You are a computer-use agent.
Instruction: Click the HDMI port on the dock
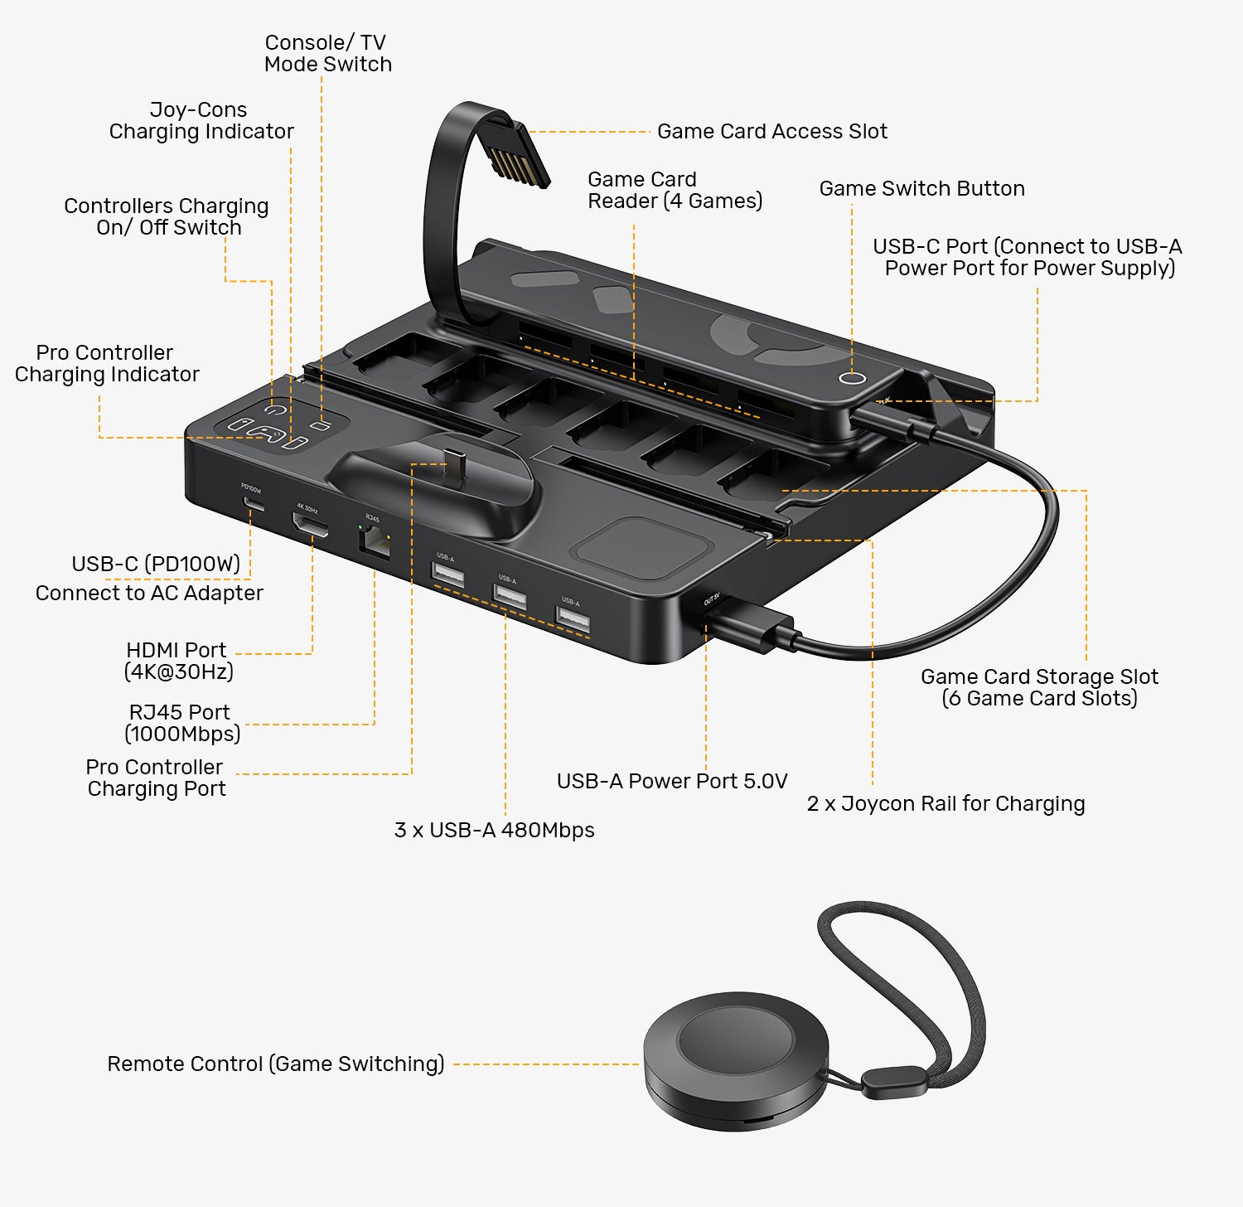coord(310,524)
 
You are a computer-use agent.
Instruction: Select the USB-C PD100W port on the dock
coord(254,503)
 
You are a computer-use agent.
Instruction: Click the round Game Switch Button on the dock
coord(852,377)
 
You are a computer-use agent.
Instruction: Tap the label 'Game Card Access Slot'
coord(771,131)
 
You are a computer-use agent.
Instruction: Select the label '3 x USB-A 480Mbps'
coord(494,830)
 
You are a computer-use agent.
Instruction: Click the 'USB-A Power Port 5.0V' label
coord(671,781)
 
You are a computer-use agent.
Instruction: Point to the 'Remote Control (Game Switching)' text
coord(276,1064)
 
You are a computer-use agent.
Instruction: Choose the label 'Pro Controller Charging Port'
coord(156,778)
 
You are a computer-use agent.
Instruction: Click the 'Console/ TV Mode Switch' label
coord(327,53)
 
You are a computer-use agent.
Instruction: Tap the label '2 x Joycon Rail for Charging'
coord(946,803)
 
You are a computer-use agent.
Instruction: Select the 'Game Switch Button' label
coord(921,188)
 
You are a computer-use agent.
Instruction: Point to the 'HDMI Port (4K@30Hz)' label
coord(178,661)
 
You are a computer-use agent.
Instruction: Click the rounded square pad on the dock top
coord(644,544)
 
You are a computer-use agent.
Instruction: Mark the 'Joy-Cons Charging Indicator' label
coord(201,120)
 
